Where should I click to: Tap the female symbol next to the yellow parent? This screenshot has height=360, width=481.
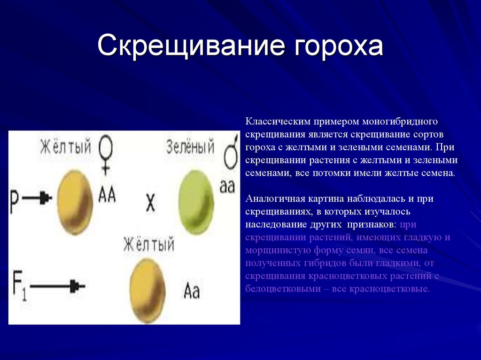tap(106, 155)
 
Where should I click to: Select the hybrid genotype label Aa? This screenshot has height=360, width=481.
tap(192, 291)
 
